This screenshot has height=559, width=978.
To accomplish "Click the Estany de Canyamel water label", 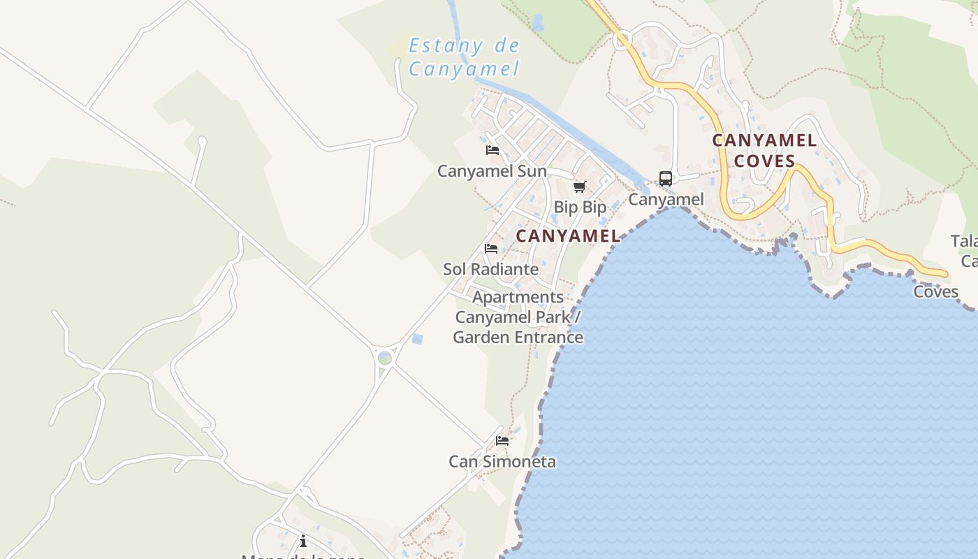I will [464, 57].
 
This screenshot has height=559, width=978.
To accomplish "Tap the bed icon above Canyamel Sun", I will [492, 150].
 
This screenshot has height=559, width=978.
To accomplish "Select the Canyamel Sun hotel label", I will [492, 171].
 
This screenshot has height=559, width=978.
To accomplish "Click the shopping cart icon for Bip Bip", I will [579, 187].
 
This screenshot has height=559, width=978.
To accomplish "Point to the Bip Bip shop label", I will [580, 208].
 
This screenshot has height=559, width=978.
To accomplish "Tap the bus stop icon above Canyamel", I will [666, 179].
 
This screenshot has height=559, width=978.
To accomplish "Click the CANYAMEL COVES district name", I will [764, 150].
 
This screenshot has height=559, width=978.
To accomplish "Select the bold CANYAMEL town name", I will [568, 236].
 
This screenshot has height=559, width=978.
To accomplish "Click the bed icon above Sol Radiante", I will [491, 249].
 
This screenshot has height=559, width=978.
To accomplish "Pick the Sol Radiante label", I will [490, 269].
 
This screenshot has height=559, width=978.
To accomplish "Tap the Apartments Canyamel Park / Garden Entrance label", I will [518, 317].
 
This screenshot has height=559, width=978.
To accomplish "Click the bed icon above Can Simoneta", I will [502, 441].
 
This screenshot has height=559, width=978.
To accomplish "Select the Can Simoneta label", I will [502, 462].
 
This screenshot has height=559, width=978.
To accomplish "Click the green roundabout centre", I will [384, 358].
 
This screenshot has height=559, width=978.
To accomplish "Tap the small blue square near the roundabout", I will [417, 339].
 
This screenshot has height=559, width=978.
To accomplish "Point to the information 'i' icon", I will [303, 541].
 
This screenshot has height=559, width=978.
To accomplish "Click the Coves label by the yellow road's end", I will [935, 291].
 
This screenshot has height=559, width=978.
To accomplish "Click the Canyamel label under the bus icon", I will [666, 200].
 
